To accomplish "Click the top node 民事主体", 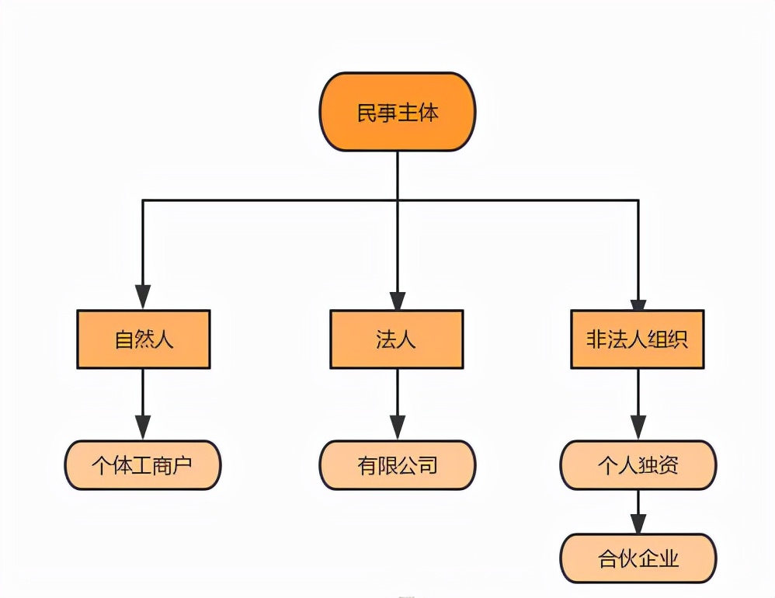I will tap(397, 112).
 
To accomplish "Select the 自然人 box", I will tap(143, 339).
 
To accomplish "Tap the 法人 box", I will tap(397, 339).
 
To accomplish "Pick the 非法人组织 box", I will tap(638, 339).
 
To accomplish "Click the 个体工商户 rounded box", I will tap(143, 465).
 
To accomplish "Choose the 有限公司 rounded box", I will tap(397, 465).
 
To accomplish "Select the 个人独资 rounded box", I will tap(638, 465).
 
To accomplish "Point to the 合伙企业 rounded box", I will tap(638, 558).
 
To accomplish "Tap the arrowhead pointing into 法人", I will tap(397, 298).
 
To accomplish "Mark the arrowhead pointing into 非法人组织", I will tap(638, 298).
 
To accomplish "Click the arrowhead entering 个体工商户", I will tap(143, 428).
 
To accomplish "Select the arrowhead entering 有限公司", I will tap(397, 428).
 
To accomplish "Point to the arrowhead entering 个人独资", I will tap(638, 428).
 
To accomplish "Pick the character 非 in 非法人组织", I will tap(596, 339).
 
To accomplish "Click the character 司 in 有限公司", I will tap(428, 465).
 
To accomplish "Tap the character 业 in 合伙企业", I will tap(669, 558).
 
